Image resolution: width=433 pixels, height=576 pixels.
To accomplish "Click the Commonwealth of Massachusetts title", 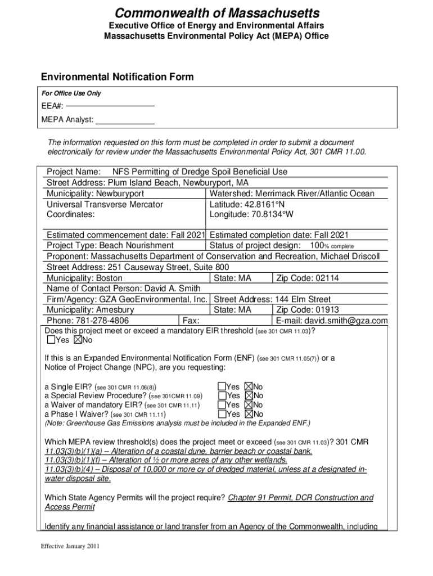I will (x=217, y=13).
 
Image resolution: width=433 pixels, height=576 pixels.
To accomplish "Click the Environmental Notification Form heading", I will (x=117, y=77).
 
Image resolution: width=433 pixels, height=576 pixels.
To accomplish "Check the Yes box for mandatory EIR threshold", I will (x=51, y=340).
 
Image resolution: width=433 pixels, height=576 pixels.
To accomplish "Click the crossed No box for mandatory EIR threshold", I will (x=78, y=340).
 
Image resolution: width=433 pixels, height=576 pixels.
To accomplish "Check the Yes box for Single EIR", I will (x=222, y=387).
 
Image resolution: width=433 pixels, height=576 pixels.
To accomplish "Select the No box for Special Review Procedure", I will (x=249, y=396).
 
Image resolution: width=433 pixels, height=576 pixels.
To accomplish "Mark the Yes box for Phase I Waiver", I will (x=222, y=414).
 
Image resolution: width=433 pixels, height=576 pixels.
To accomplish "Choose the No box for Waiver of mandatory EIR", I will (x=249, y=405).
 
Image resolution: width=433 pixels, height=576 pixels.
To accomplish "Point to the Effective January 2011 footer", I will (x=66, y=546).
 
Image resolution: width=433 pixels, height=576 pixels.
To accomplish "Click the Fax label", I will (x=191, y=321).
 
